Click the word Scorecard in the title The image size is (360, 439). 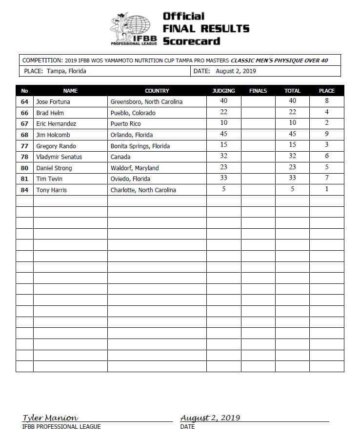(x=191, y=41)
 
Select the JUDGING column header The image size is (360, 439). (x=224, y=91)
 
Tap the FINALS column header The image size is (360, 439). (x=258, y=91)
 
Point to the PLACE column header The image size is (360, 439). (x=326, y=91)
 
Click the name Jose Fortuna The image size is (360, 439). (x=54, y=102)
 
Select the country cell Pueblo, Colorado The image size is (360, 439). (x=133, y=113)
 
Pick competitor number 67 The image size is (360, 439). (x=25, y=124)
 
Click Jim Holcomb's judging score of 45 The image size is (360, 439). (x=224, y=134)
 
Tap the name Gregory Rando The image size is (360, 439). (x=56, y=146)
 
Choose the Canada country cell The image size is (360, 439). (x=120, y=157)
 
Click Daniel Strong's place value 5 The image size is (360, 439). (x=326, y=167)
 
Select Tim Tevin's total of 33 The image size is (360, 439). (x=292, y=179)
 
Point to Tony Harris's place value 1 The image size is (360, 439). (x=326, y=189)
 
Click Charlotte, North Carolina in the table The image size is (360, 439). (x=143, y=190)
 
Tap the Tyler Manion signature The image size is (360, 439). (x=50, y=418)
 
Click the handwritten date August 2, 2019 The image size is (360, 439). (x=210, y=418)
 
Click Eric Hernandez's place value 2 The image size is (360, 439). (x=326, y=123)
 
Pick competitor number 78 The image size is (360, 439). (x=25, y=157)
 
